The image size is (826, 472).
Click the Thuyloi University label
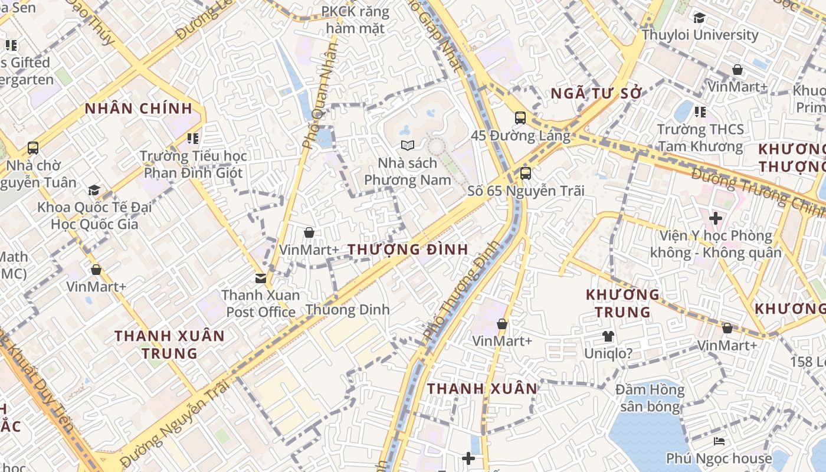click(x=700, y=35)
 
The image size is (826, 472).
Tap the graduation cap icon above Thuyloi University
click(x=700, y=18)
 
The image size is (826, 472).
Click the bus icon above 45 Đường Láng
click(x=520, y=118)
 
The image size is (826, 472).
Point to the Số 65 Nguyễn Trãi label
click(x=526, y=191)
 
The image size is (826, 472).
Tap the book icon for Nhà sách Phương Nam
click(x=408, y=145)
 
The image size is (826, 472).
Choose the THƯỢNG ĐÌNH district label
click(x=408, y=250)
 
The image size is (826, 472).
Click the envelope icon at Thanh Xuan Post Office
click(x=260, y=278)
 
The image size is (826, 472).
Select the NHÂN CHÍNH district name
click(x=139, y=109)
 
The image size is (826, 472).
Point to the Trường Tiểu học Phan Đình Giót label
click(x=194, y=165)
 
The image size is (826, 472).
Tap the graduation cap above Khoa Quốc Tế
click(x=94, y=190)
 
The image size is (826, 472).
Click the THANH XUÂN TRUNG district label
click(x=169, y=345)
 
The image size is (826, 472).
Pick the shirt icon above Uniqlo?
click(x=608, y=336)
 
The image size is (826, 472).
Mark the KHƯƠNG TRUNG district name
click(x=622, y=303)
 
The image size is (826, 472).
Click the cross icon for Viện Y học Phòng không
click(x=716, y=219)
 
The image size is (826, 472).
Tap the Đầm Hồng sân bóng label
click(x=650, y=398)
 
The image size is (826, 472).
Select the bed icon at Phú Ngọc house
click(x=719, y=441)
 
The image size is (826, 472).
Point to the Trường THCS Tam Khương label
click(x=700, y=137)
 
